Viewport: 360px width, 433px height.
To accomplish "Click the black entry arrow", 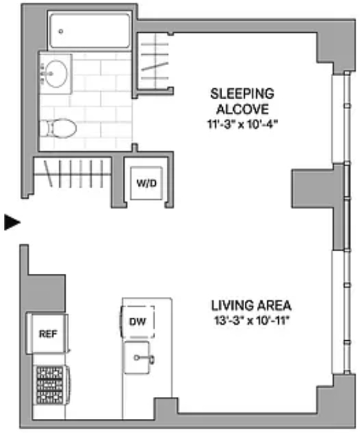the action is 12,222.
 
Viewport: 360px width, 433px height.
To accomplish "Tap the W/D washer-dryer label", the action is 146,183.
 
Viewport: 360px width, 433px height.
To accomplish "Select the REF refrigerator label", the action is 48,334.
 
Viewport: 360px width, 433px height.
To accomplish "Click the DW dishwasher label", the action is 137,322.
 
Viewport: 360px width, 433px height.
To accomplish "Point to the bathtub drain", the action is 61,32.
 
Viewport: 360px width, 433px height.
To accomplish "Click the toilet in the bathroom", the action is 58,128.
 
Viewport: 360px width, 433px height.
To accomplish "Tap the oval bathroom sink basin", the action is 56,73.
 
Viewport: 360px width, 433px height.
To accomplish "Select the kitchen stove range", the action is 52,385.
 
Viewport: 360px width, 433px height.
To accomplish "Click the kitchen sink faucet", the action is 144,358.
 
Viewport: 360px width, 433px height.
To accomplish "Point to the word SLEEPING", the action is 242,93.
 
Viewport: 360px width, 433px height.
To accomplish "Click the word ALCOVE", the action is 242,109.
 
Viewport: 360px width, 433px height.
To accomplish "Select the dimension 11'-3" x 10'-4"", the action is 242,124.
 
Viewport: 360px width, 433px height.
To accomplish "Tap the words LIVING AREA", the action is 251,305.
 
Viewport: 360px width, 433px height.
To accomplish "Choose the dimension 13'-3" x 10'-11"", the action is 251,321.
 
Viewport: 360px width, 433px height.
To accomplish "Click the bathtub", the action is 90,31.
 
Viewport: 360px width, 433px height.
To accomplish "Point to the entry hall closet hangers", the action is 73,174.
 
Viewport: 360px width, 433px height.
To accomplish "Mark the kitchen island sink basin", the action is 137,358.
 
